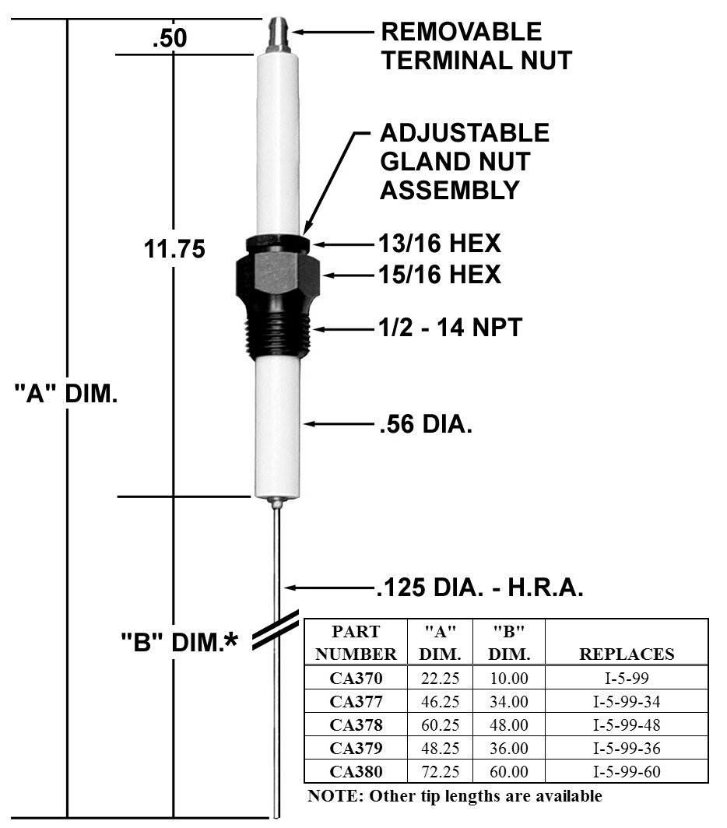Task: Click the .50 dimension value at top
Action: pyautogui.click(x=169, y=38)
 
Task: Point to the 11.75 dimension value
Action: pyautogui.click(x=174, y=249)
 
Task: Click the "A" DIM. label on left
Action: pyautogui.click(x=66, y=394)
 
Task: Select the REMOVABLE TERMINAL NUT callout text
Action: pyautogui.click(x=476, y=45)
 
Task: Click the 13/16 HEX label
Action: pyautogui.click(x=440, y=244)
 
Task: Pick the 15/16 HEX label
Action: pyautogui.click(x=440, y=275)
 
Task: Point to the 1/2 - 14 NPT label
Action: pyautogui.click(x=450, y=328)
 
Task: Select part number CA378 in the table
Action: pyautogui.click(x=356, y=724)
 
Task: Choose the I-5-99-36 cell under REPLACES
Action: pyautogui.click(x=626, y=749)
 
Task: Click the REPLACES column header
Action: pyautogui.click(x=626, y=654)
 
